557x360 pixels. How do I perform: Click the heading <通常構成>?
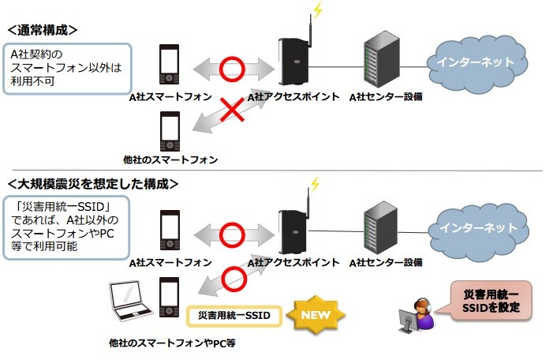(43, 30)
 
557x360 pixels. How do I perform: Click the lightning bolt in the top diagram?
(317, 11)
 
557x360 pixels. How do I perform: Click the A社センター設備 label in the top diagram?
(386, 96)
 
